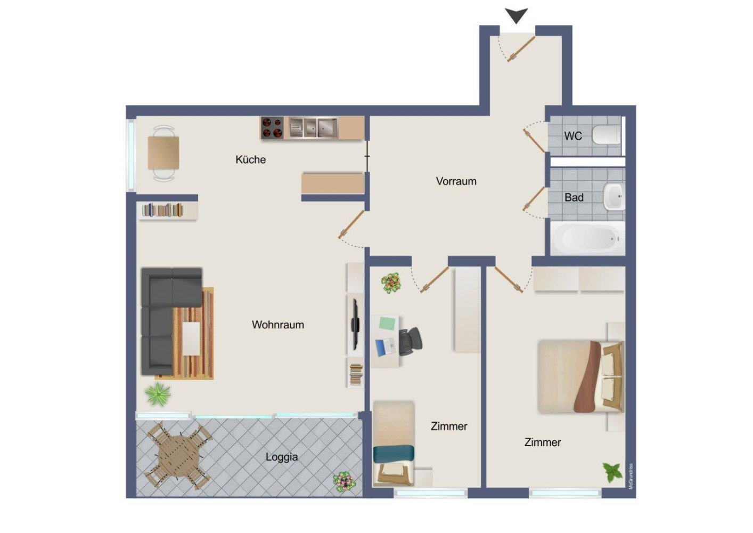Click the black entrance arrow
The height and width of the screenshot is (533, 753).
(517, 15)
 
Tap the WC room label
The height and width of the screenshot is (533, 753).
(573, 136)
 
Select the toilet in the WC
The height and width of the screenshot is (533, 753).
(607, 135)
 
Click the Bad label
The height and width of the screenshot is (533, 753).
(574, 197)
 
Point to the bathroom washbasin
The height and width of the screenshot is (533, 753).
(614, 197)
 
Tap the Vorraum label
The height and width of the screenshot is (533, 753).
(456, 181)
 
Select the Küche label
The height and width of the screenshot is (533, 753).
(250, 159)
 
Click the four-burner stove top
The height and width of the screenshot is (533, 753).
(272, 128)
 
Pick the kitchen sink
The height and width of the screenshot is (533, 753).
(314, 128)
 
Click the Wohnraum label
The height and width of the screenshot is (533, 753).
(277, 325)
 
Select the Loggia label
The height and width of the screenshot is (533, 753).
(281, 457)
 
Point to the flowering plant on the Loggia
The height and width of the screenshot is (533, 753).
(343, 481)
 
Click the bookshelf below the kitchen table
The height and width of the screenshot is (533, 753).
(163, 210)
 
